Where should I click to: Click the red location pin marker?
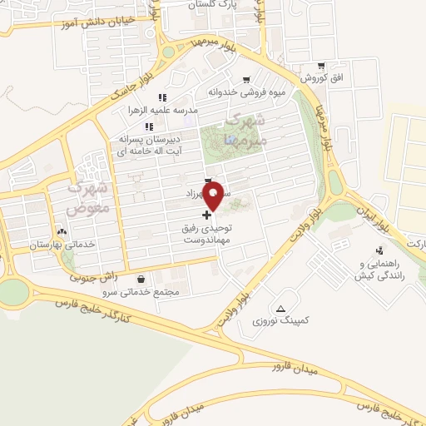pyautogui.click(x=213, y=194)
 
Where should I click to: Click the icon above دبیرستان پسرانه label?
pyautogui.click(x=149, y=126)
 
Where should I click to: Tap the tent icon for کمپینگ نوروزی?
pyautogui.click(x=280, y=308)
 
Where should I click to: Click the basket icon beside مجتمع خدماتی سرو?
pyautogui.click(x=139, y=280)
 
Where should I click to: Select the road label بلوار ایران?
pyautogui.click(x=373, y=214)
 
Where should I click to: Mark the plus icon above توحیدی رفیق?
pyautogui.click(x=206, y=214)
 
